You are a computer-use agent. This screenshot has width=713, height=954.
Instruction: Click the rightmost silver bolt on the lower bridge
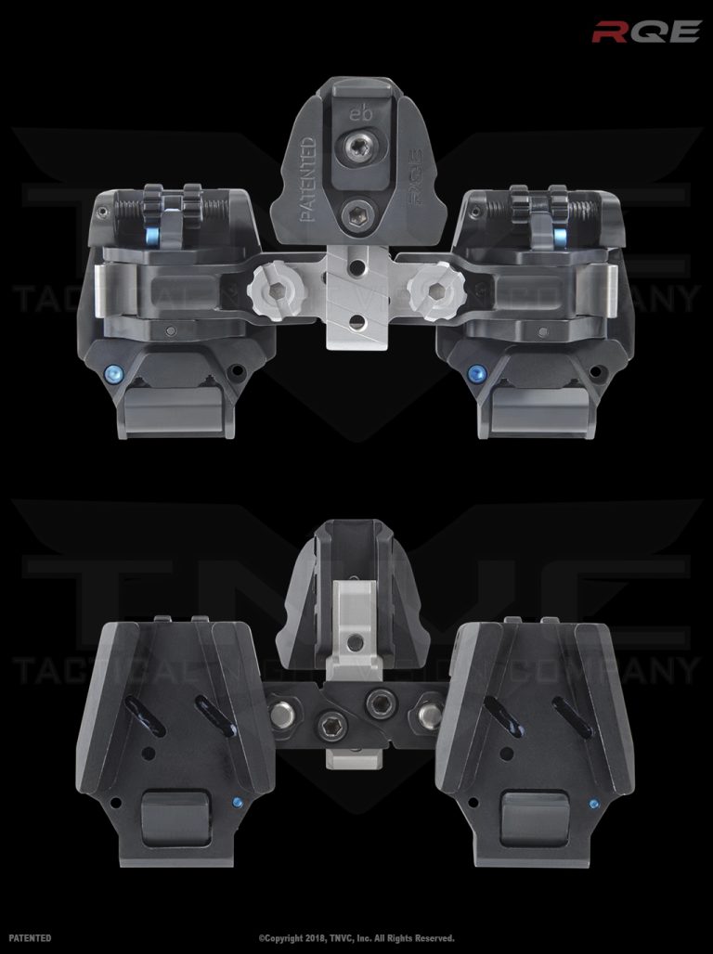tap(429, 714)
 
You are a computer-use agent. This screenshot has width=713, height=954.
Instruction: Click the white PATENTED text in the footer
tap(30, 938)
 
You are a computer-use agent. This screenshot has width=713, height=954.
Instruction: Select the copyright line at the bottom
tap(356, 938)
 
